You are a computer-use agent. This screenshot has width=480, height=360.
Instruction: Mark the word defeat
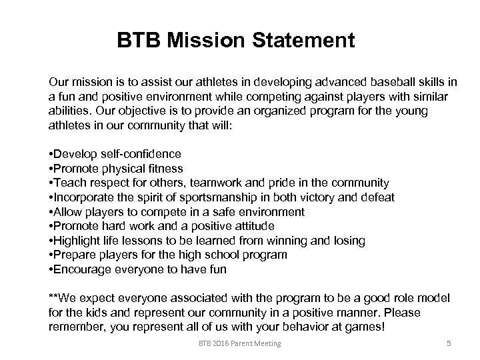(x=377, y=197)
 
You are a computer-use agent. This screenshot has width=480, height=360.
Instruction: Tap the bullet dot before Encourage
(x=51, y=270)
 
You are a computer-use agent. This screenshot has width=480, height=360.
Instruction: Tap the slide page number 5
(x=449, y=343)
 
